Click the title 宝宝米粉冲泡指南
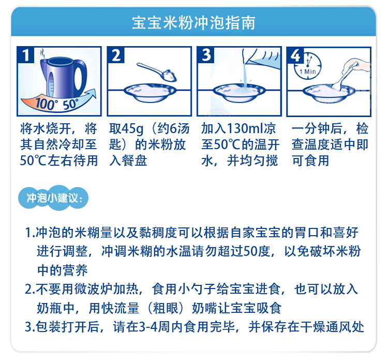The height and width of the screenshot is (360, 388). [193, 23]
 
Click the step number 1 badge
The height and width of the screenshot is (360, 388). [25, 55]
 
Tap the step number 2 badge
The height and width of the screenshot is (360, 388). [116, 55]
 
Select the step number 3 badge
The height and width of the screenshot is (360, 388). [205, 55]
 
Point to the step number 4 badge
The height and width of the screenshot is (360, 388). [295, 55]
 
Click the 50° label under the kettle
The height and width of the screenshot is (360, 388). [70, 104]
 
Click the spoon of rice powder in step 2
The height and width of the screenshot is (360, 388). [157, 72]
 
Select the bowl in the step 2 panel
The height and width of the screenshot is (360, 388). [150, 92]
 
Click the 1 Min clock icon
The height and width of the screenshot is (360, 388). [308, 66]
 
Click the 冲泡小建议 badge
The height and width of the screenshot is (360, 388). [53, 198]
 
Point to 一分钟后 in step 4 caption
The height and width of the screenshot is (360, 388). [317, 129]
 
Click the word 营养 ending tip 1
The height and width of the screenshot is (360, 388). [75, 270]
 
